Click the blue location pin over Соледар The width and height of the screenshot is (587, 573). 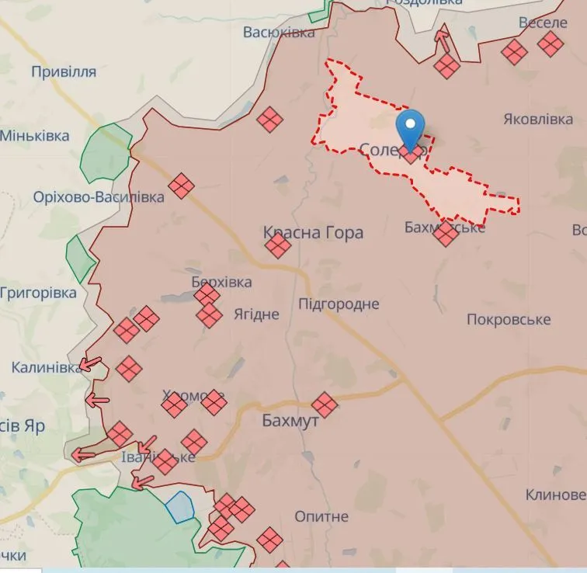[x=411, y=127]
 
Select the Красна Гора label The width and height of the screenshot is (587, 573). [x=313, y=232]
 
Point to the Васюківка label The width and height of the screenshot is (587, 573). [x=279, y=33]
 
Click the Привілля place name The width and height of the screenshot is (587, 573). [x=64, y=72]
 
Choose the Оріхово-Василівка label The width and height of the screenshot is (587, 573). [x=99, y=197]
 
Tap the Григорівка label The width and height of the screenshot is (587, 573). [x=39, y=293]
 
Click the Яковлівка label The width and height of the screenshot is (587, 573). [x=538, y=120]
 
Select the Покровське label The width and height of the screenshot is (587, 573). [x=509, y=320]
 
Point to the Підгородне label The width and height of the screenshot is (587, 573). [x=339, y=304]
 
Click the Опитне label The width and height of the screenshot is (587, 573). [x=321, y=516]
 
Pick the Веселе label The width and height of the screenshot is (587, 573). [x=543, y=23]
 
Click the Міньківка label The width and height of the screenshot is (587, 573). [x=35, y=136]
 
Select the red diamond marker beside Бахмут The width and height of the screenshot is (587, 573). [x=324, y=404]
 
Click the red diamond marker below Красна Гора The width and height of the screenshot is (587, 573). [x=277, y=246]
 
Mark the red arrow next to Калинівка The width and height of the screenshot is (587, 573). [x=94, y=363]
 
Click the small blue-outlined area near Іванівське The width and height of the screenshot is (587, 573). [x=179, y=506]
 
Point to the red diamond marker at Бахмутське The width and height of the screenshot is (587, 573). [x=446, y=234]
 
